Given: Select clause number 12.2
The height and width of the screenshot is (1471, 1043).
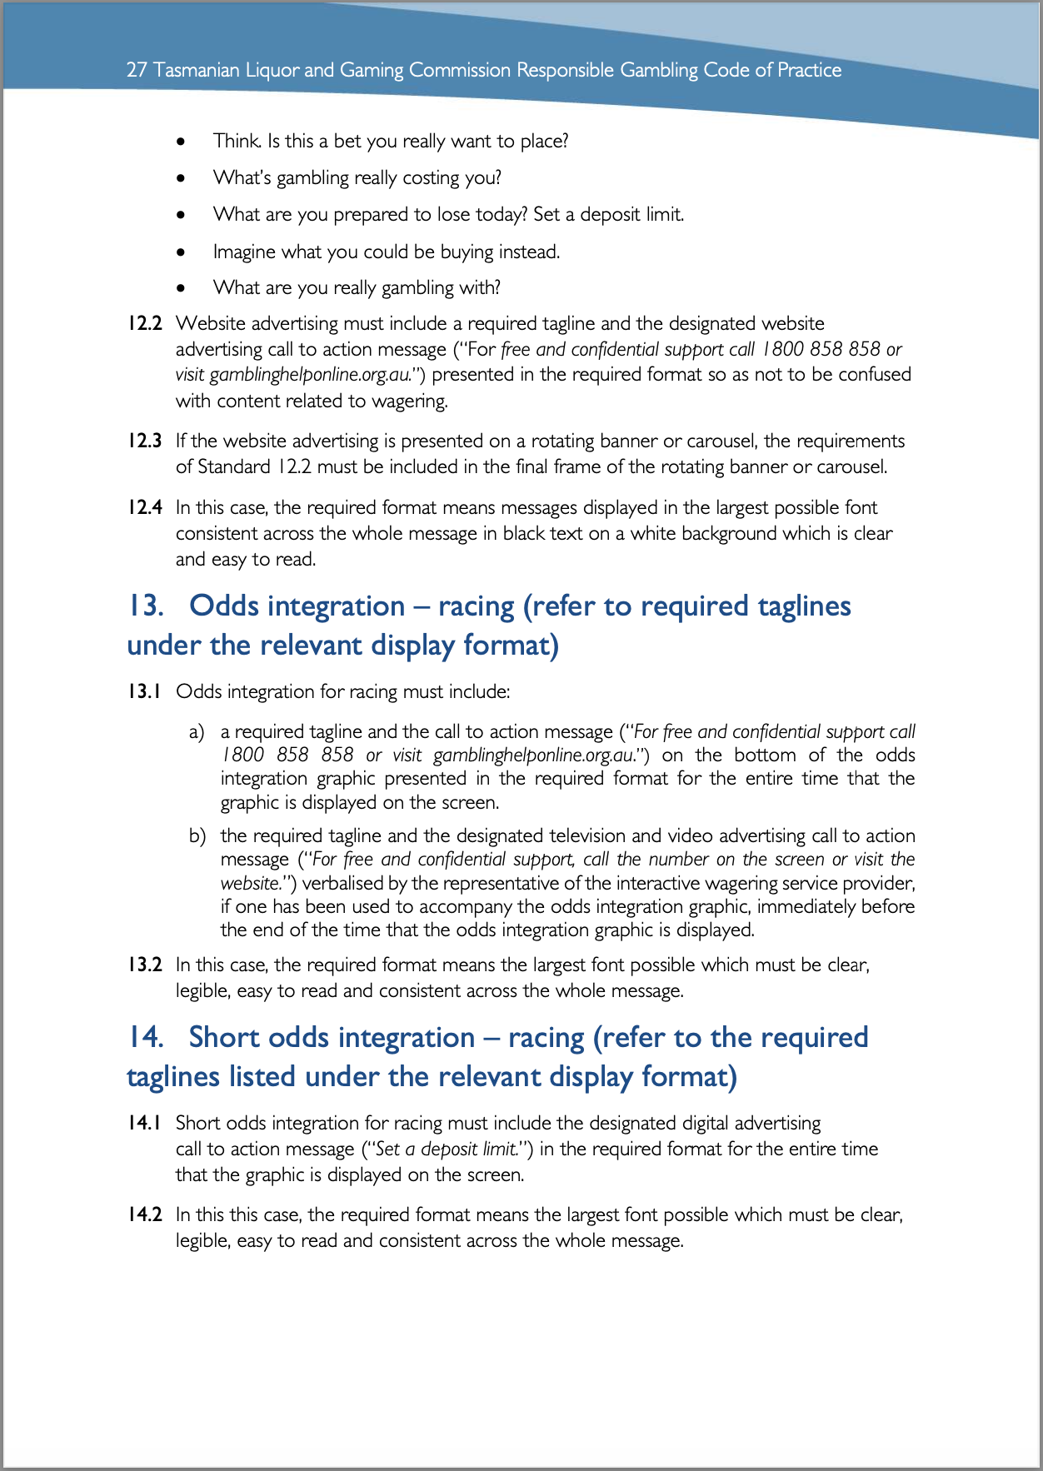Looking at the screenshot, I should [x=144, y=323].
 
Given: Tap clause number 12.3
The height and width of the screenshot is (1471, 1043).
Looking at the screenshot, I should [x=144, y=441].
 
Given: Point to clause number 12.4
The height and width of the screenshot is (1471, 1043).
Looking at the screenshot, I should [x=144, y=507].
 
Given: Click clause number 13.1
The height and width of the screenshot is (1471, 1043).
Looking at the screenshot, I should [x=144, y=691].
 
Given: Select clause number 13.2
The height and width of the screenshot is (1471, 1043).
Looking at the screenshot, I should [x=144, y=965].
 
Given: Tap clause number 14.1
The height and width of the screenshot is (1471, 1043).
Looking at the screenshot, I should [x=144, y=1123].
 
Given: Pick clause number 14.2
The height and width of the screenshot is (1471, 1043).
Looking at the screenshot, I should [x=144, y=1214].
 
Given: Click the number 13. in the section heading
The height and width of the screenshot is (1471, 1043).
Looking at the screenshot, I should [x=146, y=606].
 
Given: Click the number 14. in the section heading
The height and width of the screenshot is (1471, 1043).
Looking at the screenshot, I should [x=146, y=1037].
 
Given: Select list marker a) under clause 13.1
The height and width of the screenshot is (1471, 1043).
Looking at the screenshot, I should [x=197, y=731].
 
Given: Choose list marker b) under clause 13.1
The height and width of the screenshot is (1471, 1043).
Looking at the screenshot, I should [x=197, y=835].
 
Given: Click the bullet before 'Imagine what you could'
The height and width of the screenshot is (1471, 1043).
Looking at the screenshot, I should [x=181, y=252].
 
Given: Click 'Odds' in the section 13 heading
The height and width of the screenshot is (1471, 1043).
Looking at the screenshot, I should [x=224, y=606].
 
